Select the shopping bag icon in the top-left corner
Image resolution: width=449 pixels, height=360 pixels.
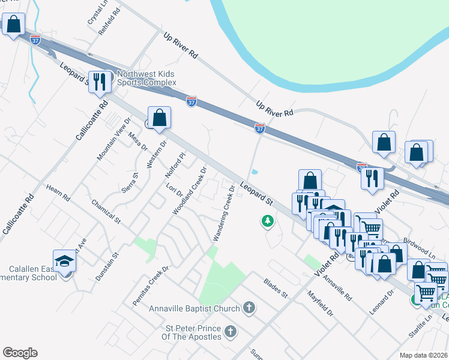pyautogui.click(x=13, y=26)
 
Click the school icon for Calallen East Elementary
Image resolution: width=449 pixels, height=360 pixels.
pyautogui.click(x=64, y=262)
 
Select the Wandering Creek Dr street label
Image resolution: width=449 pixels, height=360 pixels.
pyautogui.click(x=223, y=214)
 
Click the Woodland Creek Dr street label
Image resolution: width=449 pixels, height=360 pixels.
pyautogui.click(x=190, y=191)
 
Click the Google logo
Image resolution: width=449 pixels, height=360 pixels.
pyautogui.click(x=20, y=353)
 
